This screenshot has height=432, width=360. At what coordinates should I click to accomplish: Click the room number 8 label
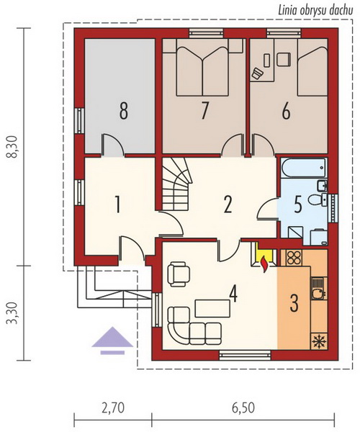pyautogui.click(x=123, y=110)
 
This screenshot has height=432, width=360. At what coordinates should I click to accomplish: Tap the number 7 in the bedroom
pyautogui.click(x=204, y=110)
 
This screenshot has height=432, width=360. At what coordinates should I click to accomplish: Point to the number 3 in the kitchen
pyautogui.click(x=294, y=302)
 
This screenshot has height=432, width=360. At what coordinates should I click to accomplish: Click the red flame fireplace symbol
pyautogui.click(x=265, y=264)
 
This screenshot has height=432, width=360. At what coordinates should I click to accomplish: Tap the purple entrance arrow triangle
pyautogui.click(x=112, y=337)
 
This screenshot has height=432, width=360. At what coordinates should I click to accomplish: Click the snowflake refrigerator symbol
pyautogui.click(x=319, y=341)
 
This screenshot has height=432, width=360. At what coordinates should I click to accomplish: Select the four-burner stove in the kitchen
pyautogui.click(x=294, y=258)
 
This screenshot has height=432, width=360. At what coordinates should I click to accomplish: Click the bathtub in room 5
pyautogui.click(x=304, y=168)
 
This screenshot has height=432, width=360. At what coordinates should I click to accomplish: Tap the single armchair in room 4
pyautogui.click(x=179, y=274)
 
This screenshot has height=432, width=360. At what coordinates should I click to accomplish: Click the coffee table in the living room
pyautogui.click(x=212, y=309)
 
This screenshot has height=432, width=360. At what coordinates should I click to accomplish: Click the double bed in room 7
pyautogui.click(x=202, y=67)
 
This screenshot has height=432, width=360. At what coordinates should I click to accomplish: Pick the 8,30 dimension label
pyautogui.click(x=13, y=147)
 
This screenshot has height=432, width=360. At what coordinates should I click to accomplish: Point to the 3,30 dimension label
pyautogui.click(x=13, y=313)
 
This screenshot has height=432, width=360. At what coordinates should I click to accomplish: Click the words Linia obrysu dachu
pyautogui.click(x=315, y=11)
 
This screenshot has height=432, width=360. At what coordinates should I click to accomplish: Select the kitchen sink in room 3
pyautogui.click(x=318, y=288)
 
